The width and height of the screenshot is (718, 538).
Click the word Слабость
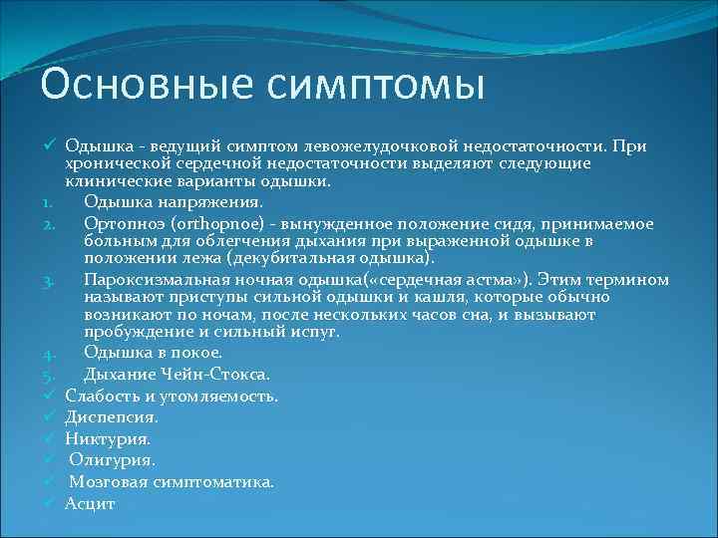click(x=101, y=396)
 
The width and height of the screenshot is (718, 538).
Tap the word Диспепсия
click(x=111, y=416)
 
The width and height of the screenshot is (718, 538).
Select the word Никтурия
click(x=108, y=438)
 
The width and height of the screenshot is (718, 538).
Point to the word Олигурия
click(x=112, y=460)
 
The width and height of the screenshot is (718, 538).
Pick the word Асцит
click(x=90, y=503)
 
